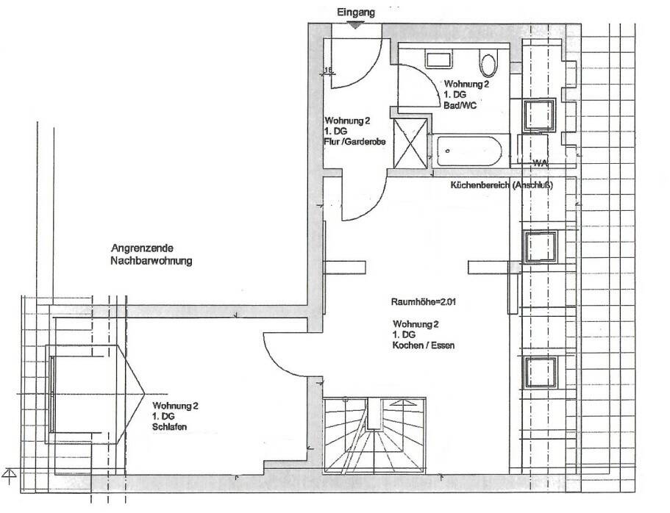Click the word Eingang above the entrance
tap(356, 12)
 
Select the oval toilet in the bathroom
tap(488, 65)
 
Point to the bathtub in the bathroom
tap(468, 151)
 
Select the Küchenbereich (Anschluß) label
tap(501, 185)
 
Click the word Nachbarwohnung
tap(151, 260)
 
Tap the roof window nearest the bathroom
tap(539, 113)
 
